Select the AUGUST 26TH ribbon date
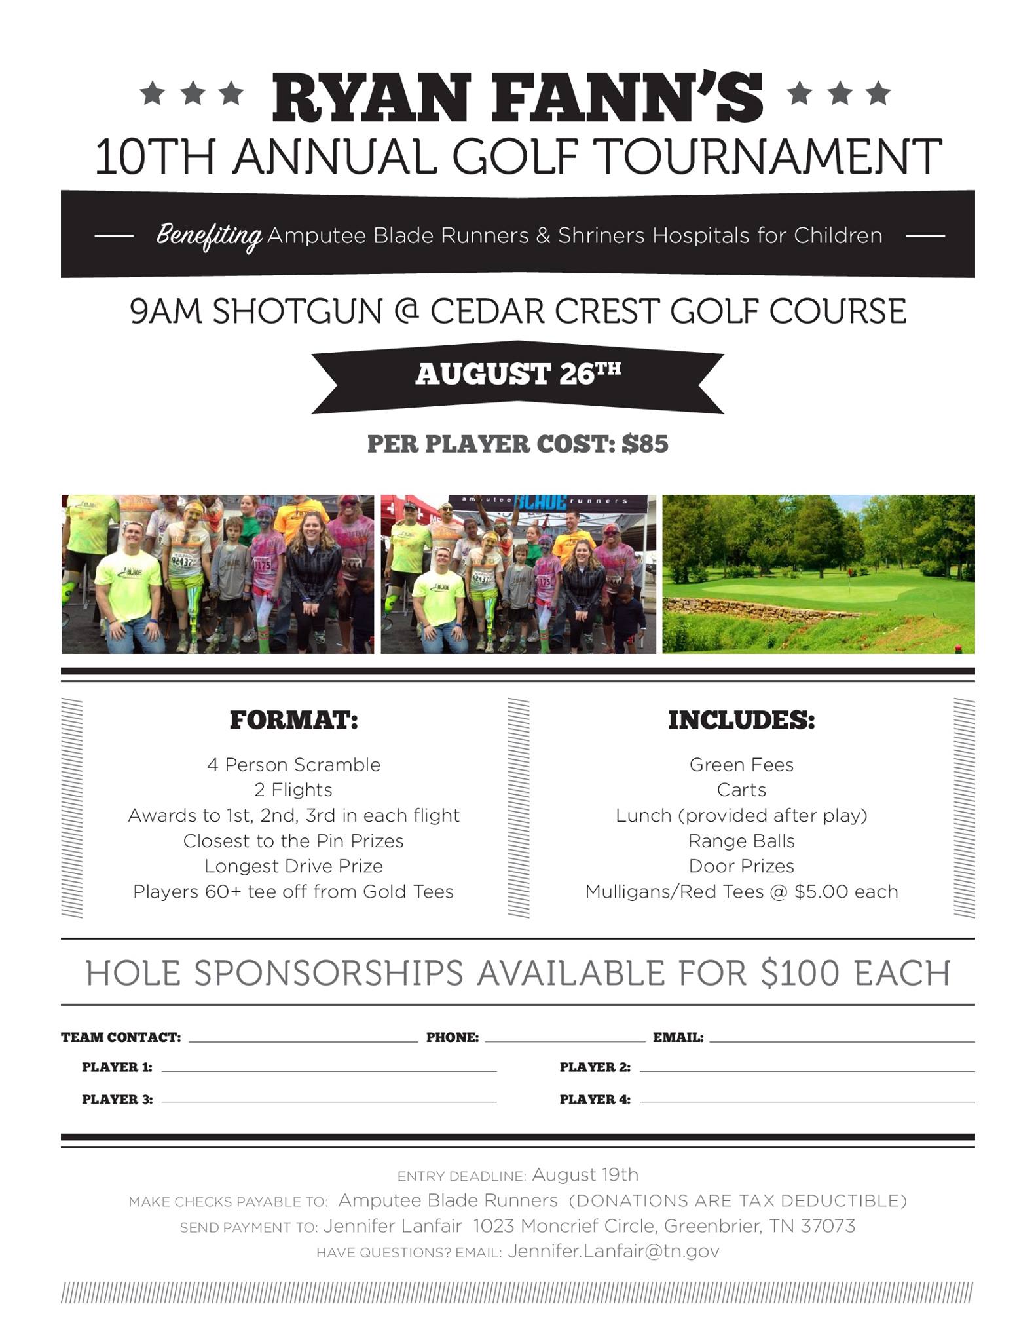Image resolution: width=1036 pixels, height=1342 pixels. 517,374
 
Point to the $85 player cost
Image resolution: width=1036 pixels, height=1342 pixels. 645,444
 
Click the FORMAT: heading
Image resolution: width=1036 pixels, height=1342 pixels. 293,720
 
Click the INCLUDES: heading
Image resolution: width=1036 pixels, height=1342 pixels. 741,720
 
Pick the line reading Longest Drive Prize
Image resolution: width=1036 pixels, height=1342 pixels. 293,866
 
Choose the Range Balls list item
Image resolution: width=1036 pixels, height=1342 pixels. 741,841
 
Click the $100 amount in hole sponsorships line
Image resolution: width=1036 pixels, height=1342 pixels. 800,973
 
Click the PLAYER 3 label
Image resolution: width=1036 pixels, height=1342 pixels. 117,1100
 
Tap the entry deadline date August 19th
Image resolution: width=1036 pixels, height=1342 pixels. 585,1174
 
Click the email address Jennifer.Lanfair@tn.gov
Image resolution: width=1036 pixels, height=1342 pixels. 613,1251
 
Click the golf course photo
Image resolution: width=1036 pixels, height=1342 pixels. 818,574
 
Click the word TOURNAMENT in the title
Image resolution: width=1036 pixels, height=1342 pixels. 769,157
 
